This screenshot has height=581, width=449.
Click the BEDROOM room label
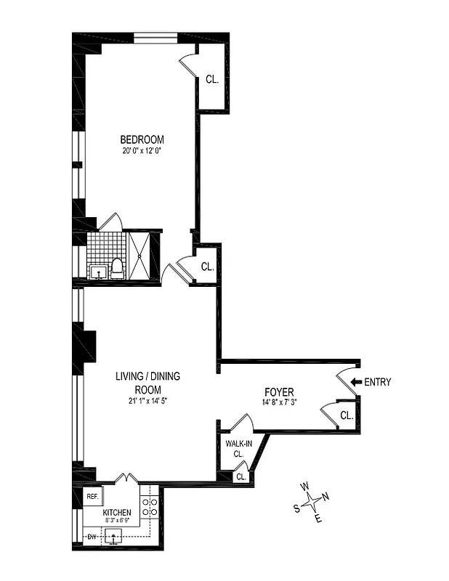(142, 139)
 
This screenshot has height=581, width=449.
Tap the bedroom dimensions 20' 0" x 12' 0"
(142, 152)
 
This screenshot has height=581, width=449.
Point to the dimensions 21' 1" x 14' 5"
(147, 400)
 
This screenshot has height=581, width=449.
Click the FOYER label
(279, 393)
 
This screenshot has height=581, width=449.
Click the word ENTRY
(377, 382)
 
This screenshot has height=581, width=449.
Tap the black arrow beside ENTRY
(355, 382)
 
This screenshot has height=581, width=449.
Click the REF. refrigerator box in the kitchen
(92, 497)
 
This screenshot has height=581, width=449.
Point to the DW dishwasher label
(92, 537)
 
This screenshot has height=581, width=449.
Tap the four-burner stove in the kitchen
(150, 506)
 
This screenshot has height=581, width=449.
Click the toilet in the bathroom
(116, 268)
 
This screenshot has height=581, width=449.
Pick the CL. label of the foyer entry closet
(347, 416)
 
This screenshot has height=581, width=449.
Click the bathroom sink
(97, 271)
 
